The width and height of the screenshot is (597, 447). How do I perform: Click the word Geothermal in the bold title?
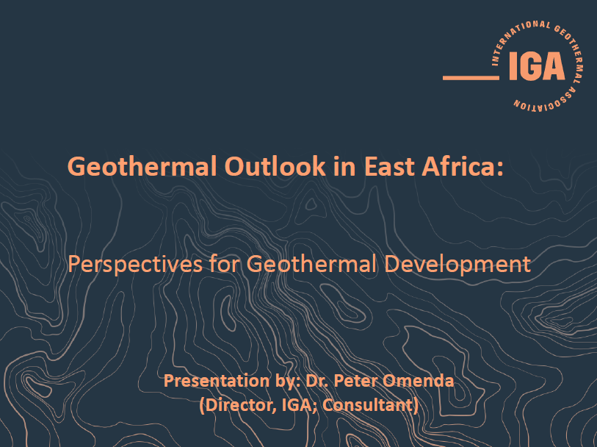[142, 166]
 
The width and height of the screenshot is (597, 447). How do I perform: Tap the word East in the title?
[388, 166]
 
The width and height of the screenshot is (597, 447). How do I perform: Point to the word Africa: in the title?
[462, 166]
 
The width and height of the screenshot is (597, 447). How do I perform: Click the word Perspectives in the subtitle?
[135, 264]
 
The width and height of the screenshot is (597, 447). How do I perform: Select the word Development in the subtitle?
[457, 264]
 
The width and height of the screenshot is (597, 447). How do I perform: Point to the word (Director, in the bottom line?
[239, 405]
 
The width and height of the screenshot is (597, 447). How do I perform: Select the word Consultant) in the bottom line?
[370, 405]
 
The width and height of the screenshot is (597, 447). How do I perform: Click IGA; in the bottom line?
[300, 405]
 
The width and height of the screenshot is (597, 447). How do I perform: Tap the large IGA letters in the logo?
[537, 66]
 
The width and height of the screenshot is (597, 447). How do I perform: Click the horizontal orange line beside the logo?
[471, 78]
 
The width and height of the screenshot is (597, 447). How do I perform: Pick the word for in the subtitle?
[225, 263]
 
